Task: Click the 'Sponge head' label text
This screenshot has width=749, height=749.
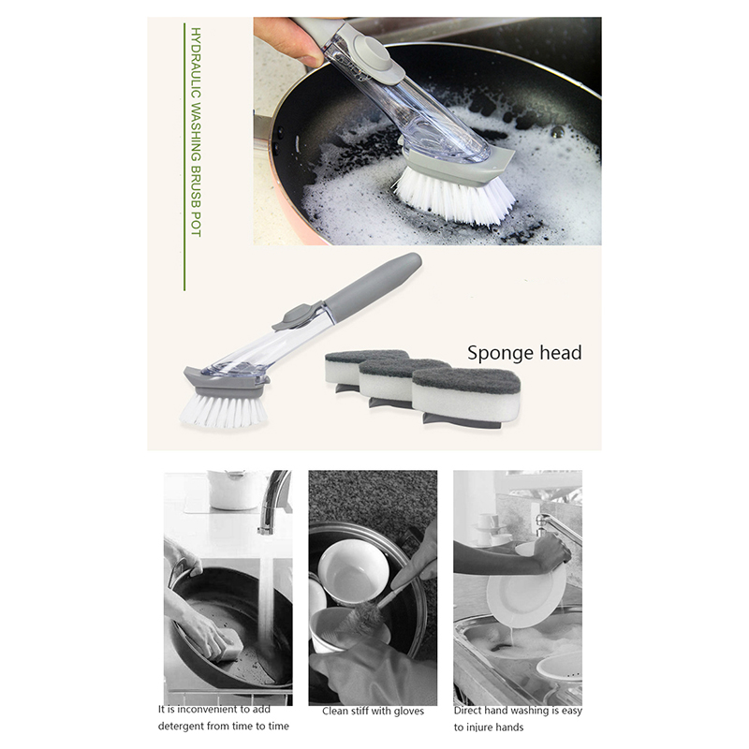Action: tap(524, 353)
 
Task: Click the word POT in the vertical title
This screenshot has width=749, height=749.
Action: tap(196, 224)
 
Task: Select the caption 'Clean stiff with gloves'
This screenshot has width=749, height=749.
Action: tap(373, 712)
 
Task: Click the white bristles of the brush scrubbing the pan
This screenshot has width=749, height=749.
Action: tap(454, 196)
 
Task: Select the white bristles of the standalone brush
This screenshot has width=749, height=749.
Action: tap(223, 410)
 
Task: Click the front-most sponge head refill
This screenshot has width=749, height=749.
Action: tap(465, 397)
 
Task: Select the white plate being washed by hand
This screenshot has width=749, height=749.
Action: tap(525, 595)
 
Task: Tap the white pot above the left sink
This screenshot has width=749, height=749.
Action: tap(235, 490)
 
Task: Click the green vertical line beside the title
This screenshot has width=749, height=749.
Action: tap(184, 156)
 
